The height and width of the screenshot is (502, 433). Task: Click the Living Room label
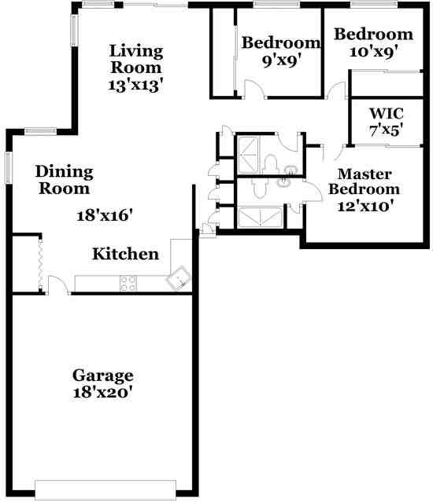tap(136, 59)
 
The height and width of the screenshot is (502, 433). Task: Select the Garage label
tap(102, 375)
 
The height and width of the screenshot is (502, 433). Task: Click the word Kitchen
tap(126, 255)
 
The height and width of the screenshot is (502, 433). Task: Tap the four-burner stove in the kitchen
tap(128, 283)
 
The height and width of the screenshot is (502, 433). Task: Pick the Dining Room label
tap(65, 180)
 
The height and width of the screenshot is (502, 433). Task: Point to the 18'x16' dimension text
tap(105, 214)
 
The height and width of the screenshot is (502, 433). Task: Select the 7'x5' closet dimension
tap(386, 130)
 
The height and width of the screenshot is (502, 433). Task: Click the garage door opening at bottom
tap(114, 489)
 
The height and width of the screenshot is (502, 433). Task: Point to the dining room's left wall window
tap(9, 167)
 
